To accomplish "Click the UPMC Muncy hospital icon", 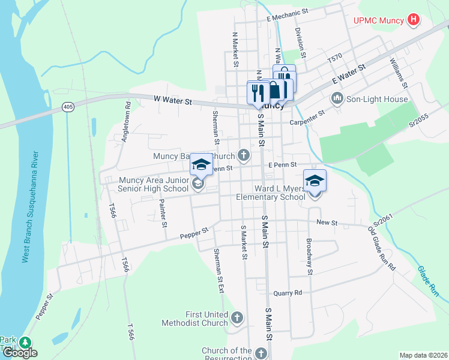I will tap(413, 20).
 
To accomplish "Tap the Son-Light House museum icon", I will tap(337, 98).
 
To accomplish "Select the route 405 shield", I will tap(68, 107).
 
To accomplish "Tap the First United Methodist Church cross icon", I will tap(237, 317).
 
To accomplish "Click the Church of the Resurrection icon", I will tap(261, 353).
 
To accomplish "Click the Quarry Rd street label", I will tap(288, 293).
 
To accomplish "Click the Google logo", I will tap(19, 353).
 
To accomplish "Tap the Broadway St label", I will tap(309, 257).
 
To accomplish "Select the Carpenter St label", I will tap(307, 117).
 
